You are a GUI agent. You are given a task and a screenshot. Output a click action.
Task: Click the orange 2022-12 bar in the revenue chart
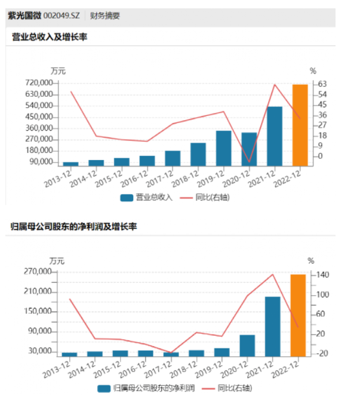tap(300, 125)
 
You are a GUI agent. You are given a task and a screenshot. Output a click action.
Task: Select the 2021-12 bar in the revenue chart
tap(275, 136)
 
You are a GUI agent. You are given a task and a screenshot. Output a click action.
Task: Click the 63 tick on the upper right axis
tap(320, 83)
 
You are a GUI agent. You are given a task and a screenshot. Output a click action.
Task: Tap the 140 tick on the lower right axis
tap(322, 275)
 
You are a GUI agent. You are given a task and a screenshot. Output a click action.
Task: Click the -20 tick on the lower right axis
tap(322, 353)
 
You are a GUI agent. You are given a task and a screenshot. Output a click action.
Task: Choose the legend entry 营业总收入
tap(147, 197)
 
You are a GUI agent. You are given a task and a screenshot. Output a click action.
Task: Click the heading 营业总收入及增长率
tap(50, 37)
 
